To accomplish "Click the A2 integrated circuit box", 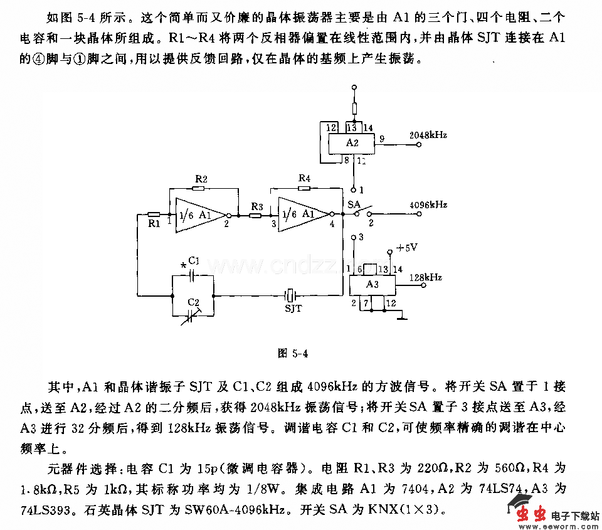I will pyautogui.click(x=353, y=143).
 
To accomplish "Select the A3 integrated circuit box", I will pyautogui.click(x=372, y=284).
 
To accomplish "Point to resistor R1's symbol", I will pyautogui.click(x=153, y=215).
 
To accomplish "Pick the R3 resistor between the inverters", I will pyautogui.click(x=256, y=215).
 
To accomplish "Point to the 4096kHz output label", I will pyautogui.click(x=428, y=205).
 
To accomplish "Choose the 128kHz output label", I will pyautogui.click(x=426, y=277).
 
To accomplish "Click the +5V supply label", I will pyautogui.click(x=407, y=248).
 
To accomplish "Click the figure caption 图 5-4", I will pyautogui.click(x=293, y=353).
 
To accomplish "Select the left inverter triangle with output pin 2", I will pyautogui.click(x=198, y=215).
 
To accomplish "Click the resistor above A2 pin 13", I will pyautogui.click(x=354, y=109).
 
